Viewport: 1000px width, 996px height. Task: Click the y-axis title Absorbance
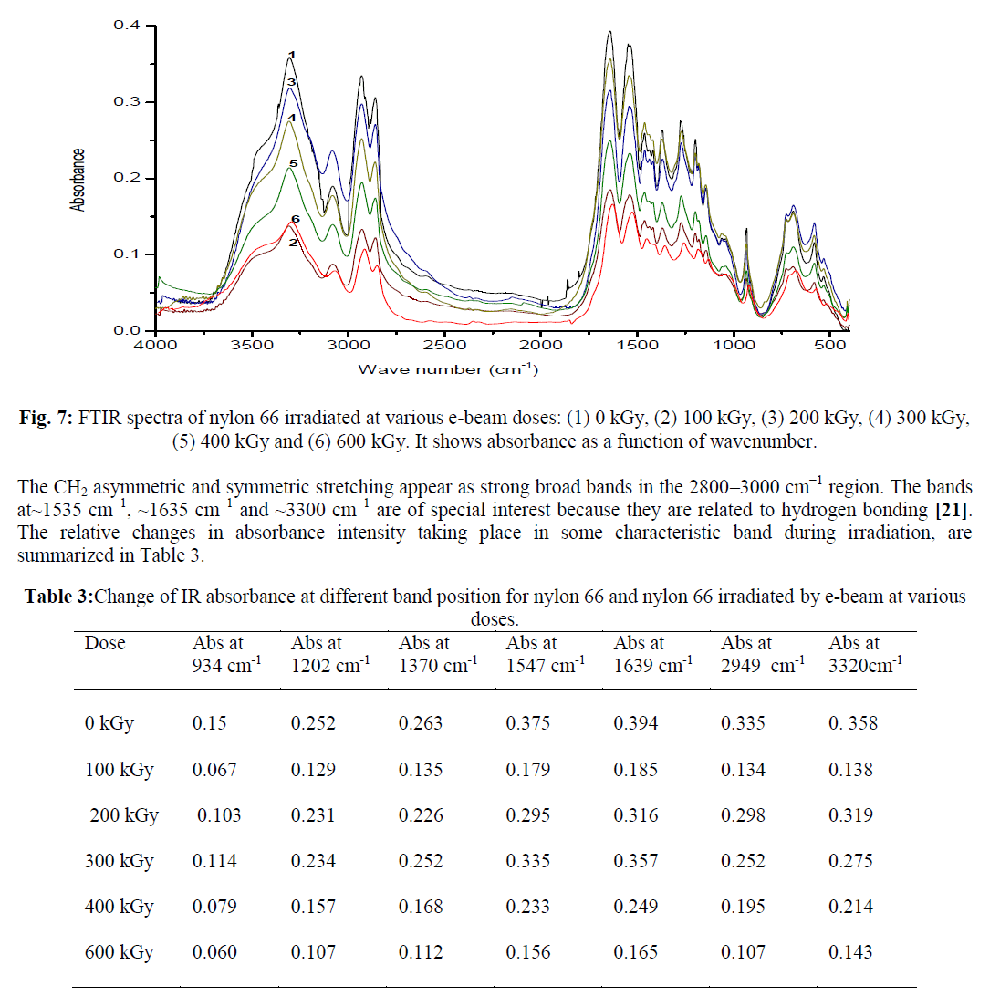78,181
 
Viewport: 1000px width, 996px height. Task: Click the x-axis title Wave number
446,369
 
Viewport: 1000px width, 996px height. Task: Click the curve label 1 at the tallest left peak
292,56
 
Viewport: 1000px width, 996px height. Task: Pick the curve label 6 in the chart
295,220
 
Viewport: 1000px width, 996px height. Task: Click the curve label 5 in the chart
294,163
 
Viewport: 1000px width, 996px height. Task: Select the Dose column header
105,643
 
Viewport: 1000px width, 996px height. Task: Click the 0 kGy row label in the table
109,724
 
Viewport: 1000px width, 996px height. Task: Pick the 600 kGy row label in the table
119,952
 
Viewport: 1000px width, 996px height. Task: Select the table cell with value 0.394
636,724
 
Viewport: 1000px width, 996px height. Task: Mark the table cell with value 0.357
636,861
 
